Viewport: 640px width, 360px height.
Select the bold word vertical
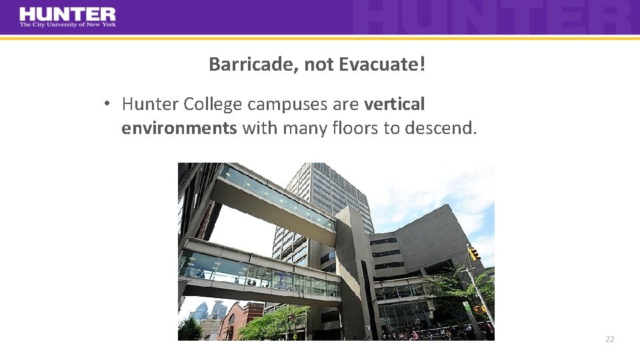point(394,104)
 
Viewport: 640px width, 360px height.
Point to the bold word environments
point(179,127)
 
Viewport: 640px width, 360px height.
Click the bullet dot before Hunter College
point(106,104)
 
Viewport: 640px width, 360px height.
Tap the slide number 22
point(609,339)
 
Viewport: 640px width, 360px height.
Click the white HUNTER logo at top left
point(67,13)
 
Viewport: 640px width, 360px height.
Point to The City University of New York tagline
point(67,25)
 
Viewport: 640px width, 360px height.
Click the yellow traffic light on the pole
point(473,253)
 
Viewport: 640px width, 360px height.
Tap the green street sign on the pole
point(467,307)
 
